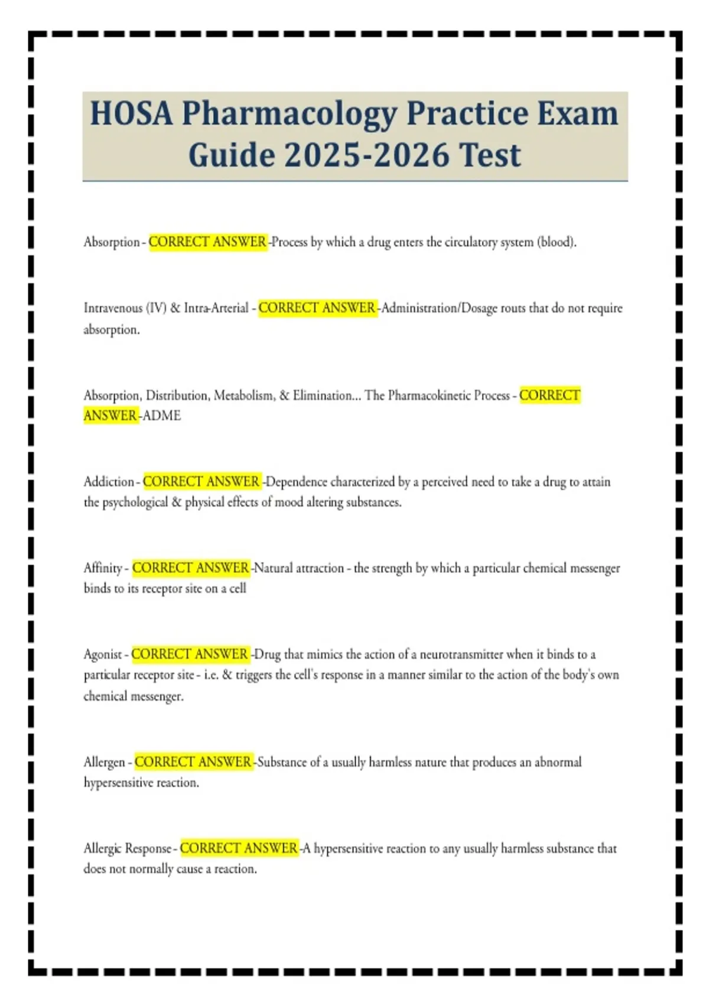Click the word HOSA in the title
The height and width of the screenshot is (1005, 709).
click(131, 114)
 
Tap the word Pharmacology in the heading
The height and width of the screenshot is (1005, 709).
click(289, 115)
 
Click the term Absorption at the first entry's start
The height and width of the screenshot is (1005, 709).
click(111, 242)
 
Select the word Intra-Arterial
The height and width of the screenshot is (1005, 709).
click(216, 308)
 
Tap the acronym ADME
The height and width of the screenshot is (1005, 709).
click(162, 416)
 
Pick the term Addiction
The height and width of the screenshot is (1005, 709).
click(109, 482)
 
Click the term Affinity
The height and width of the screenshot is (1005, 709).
click(103, 568)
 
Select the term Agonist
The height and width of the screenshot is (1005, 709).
click(103, 654)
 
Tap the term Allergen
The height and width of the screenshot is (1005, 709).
click(105, 762)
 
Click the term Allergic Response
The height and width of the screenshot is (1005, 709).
click(127, 848)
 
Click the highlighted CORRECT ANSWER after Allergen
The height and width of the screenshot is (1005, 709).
click(193, 762)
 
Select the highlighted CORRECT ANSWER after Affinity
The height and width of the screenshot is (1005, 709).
click(191, 568)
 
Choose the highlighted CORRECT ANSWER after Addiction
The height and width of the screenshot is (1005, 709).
click(201, 482)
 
